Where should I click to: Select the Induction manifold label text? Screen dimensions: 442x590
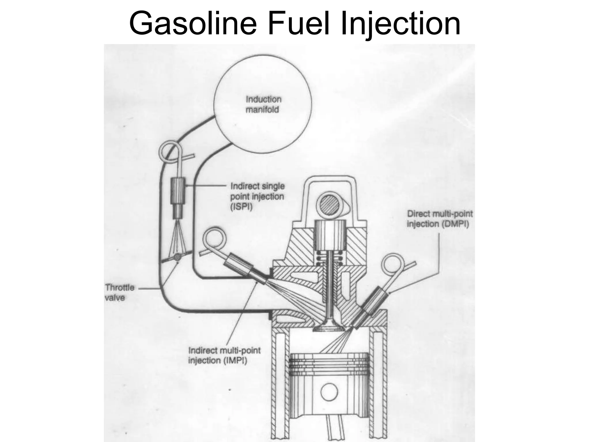[x=262, y=105]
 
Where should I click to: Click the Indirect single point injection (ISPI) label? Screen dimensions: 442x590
[x=257, y=197]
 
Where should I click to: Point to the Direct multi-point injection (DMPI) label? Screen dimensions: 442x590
[x=440, y=219]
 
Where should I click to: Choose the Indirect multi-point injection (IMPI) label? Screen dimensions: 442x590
[x=224, y=355]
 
